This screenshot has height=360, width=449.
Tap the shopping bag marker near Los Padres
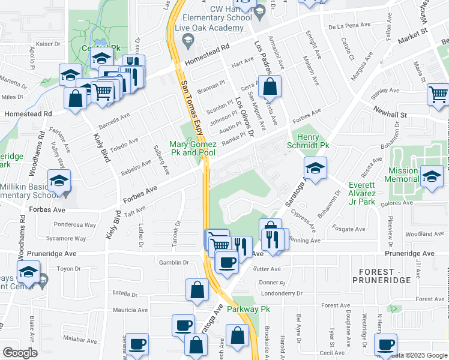click(x=270, y=87)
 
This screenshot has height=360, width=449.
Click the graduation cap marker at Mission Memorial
click(x=431, y=176)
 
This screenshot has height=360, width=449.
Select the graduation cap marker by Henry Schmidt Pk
click(x=315, y=168)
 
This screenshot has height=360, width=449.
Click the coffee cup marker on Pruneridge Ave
click(x=226, y=262)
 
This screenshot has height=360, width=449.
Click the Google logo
click(x=20, y=353)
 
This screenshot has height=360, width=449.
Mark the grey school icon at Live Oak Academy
click(x=187, y=41)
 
